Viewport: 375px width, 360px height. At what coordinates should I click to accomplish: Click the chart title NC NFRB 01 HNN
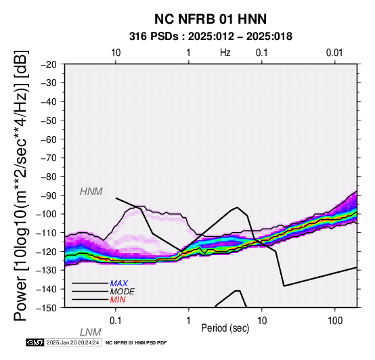[211, 19]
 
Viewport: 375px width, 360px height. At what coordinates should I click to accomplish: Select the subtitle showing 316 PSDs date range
[211, 37]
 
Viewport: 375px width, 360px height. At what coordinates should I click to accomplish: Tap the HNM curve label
[91, 192]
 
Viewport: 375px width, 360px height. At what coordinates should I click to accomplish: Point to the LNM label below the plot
[91, 332]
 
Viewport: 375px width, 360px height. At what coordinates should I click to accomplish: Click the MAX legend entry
[119, 284]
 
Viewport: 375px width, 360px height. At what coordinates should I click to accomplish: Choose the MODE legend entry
[123, 292]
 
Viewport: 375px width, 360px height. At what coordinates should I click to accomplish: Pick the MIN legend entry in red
[118, 300]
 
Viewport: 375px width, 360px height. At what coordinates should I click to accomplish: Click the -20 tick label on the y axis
[49, 64]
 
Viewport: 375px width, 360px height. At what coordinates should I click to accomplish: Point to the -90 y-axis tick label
[49, 196]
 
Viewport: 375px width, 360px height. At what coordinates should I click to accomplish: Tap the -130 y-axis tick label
[47, 271]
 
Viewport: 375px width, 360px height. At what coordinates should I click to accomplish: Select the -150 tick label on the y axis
[47, 308]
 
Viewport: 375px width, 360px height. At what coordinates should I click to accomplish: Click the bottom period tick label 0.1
[115, 321]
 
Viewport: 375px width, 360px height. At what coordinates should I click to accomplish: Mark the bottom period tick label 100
[335, 321]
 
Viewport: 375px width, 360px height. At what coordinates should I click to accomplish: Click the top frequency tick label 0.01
[334, 53]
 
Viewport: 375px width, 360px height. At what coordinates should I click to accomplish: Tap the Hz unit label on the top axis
[225, 53]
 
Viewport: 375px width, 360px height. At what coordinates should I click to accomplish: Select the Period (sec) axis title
[225, 328]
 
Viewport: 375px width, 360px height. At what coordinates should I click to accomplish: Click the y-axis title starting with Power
[21, 185]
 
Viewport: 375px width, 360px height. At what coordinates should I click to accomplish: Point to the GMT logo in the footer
[35, 343]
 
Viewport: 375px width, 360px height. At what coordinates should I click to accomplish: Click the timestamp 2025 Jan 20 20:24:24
[72, 343]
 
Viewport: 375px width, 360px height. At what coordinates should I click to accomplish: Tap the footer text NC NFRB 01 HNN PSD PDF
[136, 343]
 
